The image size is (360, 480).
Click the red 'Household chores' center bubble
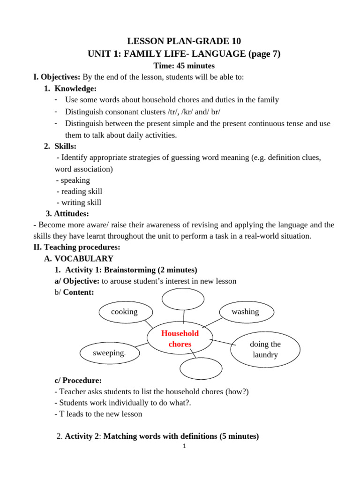(x=180, y=338)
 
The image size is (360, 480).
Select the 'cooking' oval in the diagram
(x=124, y=312)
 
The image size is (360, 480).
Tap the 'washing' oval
(x=245, y=312)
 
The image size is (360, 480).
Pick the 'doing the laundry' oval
(x=265, y=350)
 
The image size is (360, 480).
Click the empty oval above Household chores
(x=183, y=299)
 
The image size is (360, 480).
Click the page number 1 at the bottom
(x=185, y=446)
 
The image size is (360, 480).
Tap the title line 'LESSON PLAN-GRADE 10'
(x=184, y=41)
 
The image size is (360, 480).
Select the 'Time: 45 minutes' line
(x=184, y=66)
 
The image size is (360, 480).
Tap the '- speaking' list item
(x=73, y=180)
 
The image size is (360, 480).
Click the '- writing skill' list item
(x=78, y=202)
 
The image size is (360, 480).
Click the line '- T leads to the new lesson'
(x=98, y=414)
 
